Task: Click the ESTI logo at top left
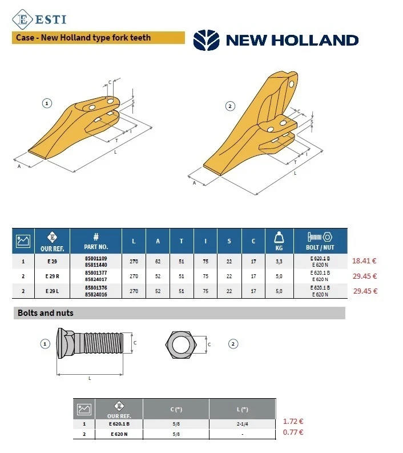click(39, 19)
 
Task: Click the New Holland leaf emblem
click(207, 40)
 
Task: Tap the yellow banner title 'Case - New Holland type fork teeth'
click(83, 38)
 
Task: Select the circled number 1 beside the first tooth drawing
click(47, 103)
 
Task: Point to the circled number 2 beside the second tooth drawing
click(230, 106)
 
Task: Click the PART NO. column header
click(96, 241)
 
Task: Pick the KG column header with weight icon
click(279, 241)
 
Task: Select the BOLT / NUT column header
click(320, 241)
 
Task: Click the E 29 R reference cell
click(53, 276)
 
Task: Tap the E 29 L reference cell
click(53, 291)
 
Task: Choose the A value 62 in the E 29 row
click(158, 262)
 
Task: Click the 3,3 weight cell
click(279, 262)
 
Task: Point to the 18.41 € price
click(364, 261)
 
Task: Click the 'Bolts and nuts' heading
click(46, 313)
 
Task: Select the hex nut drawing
click(181, 344)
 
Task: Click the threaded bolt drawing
click(90, 343)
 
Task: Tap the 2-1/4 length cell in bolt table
click(243, 424)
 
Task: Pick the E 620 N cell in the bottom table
click(119, 434)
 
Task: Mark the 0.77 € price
click(293, 432)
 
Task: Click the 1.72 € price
click(293, 422)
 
